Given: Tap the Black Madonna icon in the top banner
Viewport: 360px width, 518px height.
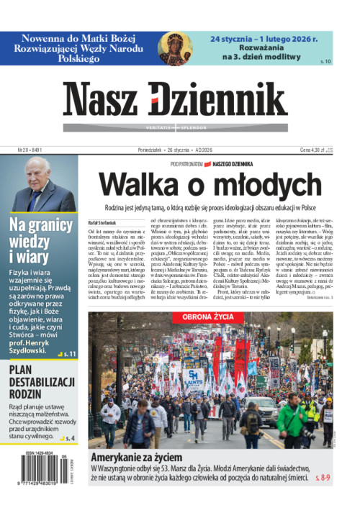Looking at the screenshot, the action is tap(175, 48).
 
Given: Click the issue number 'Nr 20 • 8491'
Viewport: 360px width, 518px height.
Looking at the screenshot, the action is tap(30, 150).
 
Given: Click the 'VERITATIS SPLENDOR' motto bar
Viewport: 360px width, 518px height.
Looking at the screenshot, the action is tap(180, 127).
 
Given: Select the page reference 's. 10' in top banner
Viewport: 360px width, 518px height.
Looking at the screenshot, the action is tap(325, 62).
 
